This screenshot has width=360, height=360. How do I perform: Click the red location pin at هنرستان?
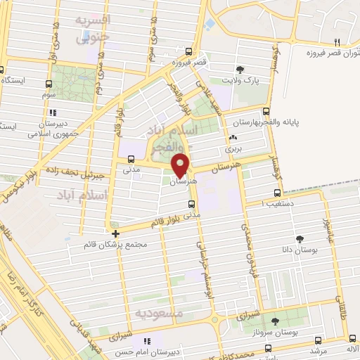pos(181,164)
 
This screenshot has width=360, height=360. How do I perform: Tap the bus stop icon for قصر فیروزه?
pos(189,51)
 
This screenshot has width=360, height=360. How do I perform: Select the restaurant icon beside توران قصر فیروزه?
pos(338,41)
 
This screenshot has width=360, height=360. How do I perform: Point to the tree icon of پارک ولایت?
pos(241,69)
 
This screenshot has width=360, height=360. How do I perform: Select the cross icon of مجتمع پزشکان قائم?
pos(115,233)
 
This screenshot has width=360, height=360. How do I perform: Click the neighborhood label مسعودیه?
pos(159,311)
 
